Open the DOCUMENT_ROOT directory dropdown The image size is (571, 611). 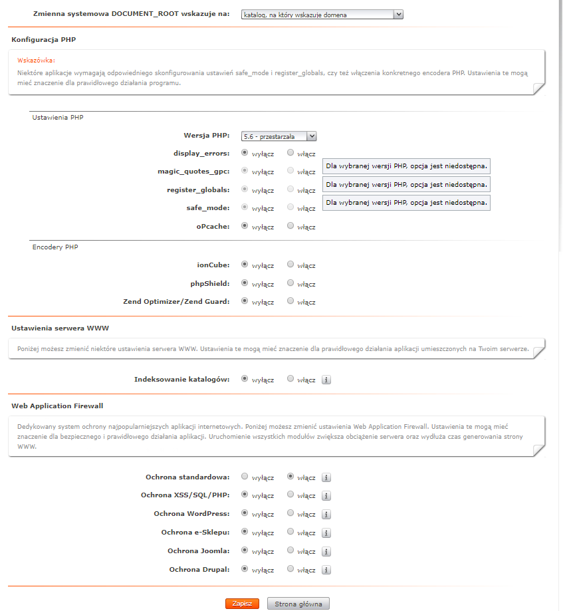(x=322, y=14)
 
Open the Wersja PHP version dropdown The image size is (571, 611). (x=279, y=136)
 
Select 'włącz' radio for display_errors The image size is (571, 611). (x=290, y=152)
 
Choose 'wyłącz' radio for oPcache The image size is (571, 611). (x=245, y=226)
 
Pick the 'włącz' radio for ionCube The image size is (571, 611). (x=290, y=265)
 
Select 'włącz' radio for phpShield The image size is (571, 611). (x=290, y=283)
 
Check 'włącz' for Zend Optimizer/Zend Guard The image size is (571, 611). (x=290, y=301)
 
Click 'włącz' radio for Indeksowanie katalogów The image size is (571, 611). (x=290, y=379)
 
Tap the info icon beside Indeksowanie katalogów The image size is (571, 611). (x=326, y=380)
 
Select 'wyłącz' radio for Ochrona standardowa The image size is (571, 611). (x=245, y=477)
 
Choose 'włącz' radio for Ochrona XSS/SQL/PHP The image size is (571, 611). (x=290, y=495)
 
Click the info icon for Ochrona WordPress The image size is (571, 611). (x=326, y=514)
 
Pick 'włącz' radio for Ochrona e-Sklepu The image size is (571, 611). (x=290, y=532)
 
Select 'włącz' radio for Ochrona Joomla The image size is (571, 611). (x=290, y=550)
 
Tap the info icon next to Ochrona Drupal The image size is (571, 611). (x=326, y=570)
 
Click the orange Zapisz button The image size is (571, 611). (x=242, y=604)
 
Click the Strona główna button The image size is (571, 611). (x=298, y=604)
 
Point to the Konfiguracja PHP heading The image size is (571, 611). (x=43, y=40)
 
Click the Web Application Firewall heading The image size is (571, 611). (x=57, y=405)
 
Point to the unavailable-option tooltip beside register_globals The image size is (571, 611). (x=406, y=183)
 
